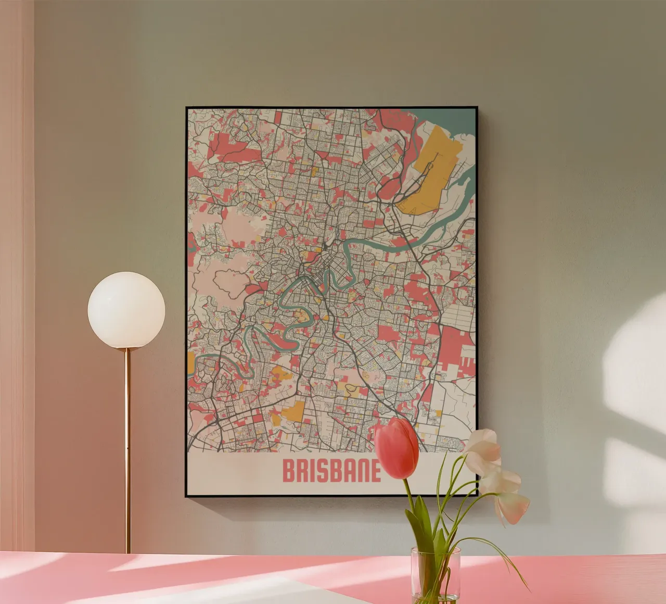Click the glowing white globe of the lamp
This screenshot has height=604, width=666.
click(x=126, y=310)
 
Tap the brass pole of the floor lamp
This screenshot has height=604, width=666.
click(x=127, y=448)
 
